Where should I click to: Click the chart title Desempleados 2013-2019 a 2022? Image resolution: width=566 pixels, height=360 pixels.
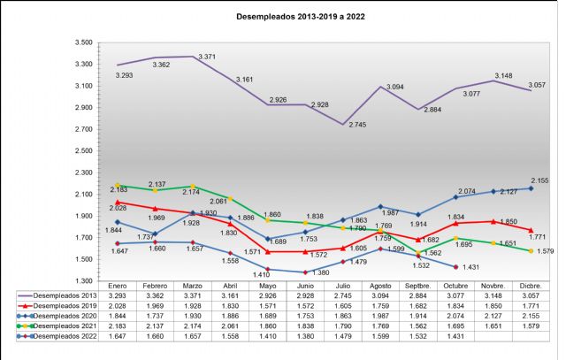pyautogui.click(x=282, y=16)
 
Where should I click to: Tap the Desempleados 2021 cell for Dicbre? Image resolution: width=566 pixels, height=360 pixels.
pyautogui.click(x=530, y=327)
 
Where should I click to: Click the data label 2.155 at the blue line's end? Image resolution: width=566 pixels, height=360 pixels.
pyautogui.click(x=539, y=180)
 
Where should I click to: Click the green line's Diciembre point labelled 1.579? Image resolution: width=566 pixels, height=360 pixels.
pyautogui.click(x=530, y=250)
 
